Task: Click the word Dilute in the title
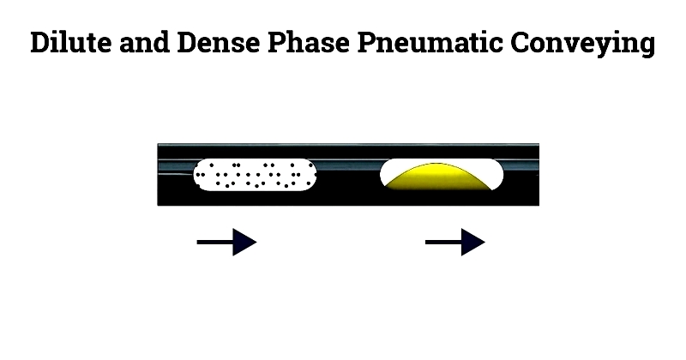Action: click(x=71, y=43)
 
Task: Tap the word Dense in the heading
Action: click(x=219, y=43)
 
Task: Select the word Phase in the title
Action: click(x=309, y=43)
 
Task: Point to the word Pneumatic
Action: click(x=430, y=43)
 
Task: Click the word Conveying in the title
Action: click(x=582, y=43)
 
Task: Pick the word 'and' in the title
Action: click(x=144, y=43)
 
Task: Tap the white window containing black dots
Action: click(x=255, y=175)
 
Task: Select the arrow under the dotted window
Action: click(x=226, y=242)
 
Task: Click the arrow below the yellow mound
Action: click(x=455, y=242)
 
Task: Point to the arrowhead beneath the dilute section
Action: click(x=244, y=242)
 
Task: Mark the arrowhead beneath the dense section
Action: click(x=473, y=242)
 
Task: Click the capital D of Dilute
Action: click(x=40, y=43)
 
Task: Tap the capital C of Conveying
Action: click(x=520, y=43)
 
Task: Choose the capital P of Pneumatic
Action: click(x=368, y=43)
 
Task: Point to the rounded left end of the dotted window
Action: click(x=197, y=175)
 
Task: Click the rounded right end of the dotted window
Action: click(x=312, y=175)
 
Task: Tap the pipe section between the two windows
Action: click(x=348, y=175)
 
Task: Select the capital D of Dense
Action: click(x=188, y=43)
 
